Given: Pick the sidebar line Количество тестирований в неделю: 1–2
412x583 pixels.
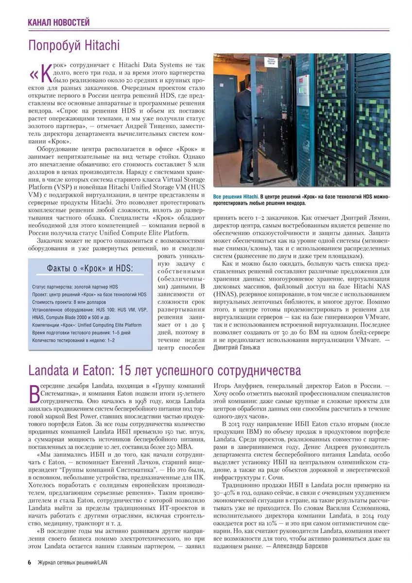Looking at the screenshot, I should tap(73, 341).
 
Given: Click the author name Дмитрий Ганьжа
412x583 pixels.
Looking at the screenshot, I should tap(237, 347).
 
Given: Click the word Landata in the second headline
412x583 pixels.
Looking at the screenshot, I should tap(53, 371).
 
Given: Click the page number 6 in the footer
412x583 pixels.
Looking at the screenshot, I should tap(29, 563).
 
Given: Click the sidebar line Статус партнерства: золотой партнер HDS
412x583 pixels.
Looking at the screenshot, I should tap(75, 287).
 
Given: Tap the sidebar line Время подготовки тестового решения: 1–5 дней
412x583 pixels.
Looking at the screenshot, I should tap(81, 333).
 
